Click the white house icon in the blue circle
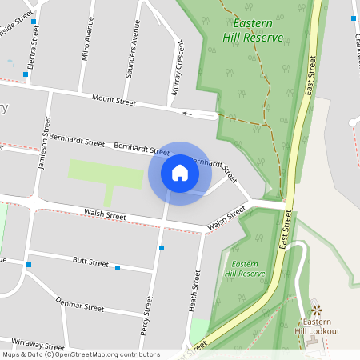coord(179,173)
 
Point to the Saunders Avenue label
coord(132,54)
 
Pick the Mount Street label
coord(114,102)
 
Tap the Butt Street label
coord(90,262)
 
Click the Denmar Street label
coord(81,304)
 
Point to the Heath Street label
coord(193,290)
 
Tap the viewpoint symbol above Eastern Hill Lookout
coord(316,309)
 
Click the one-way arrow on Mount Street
coord(187,114)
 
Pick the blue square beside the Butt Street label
coord(117,268)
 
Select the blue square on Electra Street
coord(26,74)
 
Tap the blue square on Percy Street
coord(162,248)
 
